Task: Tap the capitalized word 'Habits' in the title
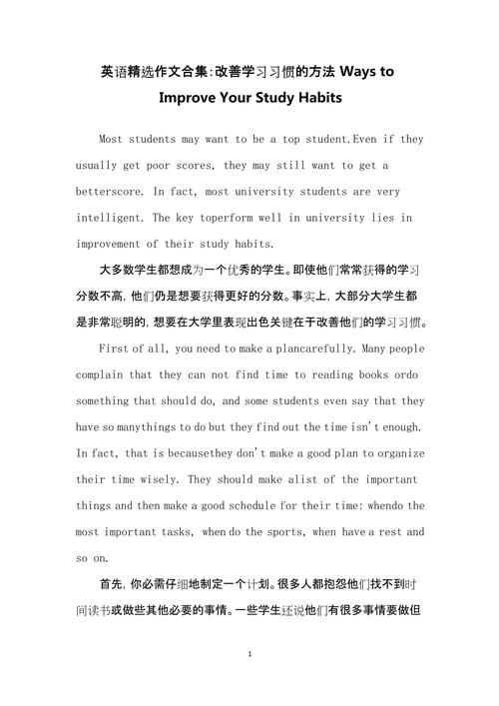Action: coord(314,98)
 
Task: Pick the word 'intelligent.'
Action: coord(116,217)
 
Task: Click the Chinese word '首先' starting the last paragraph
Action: coord(112,582)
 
